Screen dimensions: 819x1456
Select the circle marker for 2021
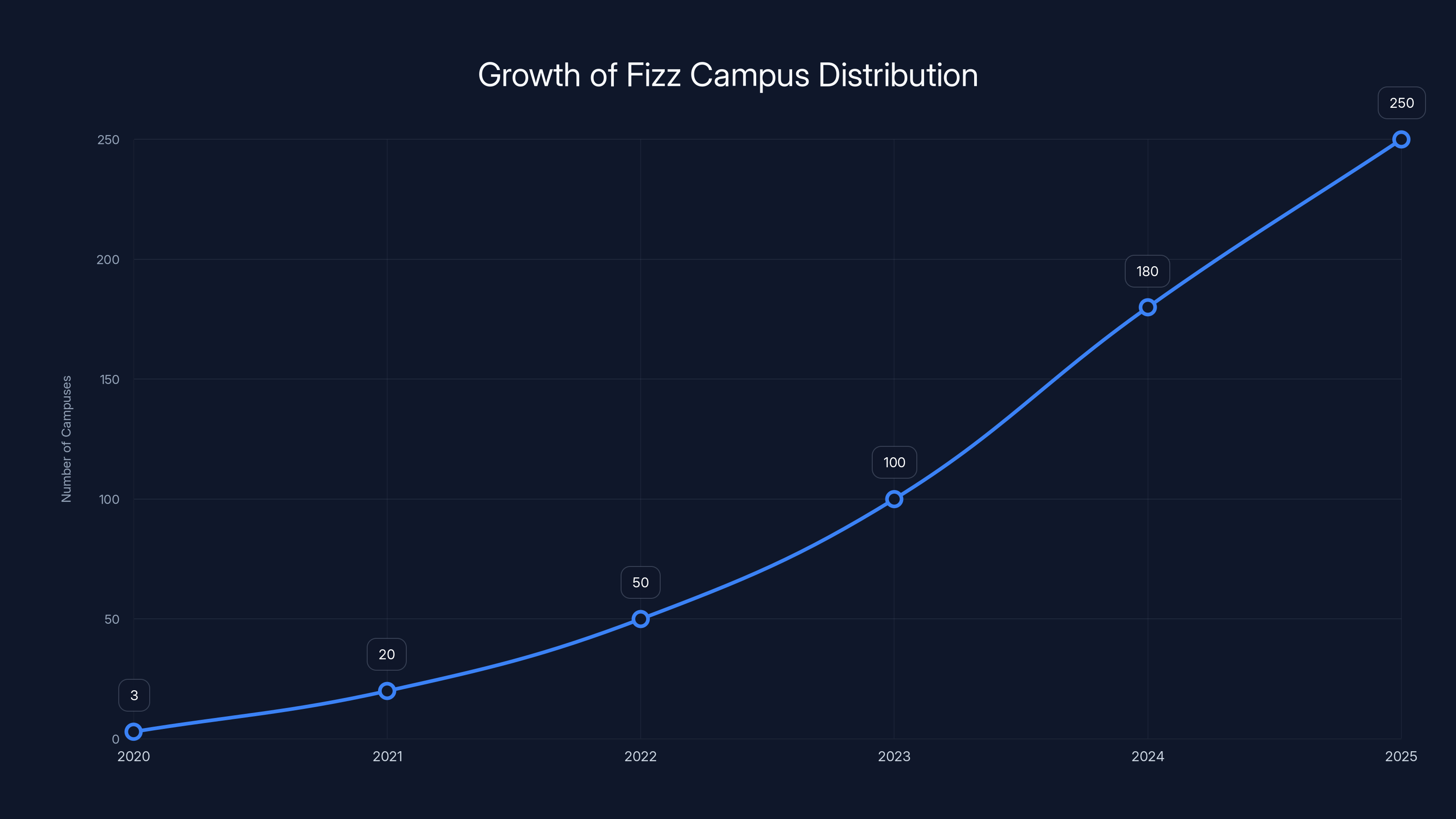387,691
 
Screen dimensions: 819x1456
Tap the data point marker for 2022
640,619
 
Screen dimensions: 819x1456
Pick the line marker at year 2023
894,499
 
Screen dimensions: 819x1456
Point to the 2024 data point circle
1148,308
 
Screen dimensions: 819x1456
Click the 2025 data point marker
1401,140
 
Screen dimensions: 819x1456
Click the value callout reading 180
1148,271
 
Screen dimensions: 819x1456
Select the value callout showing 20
387,655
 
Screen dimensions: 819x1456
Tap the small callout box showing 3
134,695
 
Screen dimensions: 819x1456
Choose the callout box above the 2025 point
1401,103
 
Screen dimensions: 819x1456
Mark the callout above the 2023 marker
894,462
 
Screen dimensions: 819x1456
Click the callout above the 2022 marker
640,582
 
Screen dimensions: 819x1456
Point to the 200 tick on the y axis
108,259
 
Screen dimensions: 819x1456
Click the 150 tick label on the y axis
110,379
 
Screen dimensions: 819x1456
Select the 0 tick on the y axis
115,739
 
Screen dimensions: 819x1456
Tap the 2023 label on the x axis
894,756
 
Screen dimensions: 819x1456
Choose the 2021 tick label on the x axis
387,756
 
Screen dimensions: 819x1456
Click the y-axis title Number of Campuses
67,439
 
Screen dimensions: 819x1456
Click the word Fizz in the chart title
653,75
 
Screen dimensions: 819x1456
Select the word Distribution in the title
898,75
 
